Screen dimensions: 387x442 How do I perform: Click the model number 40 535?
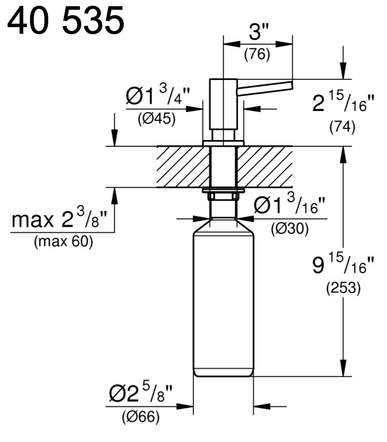[x=65, y=20]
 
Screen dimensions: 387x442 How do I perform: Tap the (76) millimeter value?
[x=257, y=54]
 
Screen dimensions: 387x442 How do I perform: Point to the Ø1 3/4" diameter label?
[x=158, y=95]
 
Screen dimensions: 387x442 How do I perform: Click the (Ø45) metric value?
[x=157, y=119]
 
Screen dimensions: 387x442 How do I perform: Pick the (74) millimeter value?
[x=342, y=127]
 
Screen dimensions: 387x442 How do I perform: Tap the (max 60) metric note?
[x=63, y=242]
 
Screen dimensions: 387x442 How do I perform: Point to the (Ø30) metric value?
[x=290, y=229]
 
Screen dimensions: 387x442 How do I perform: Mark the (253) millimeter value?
[x=343, y=288]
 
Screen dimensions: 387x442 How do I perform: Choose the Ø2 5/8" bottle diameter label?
[x=141, y=392]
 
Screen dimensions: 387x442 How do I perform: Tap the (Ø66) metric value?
[x=141, y=417]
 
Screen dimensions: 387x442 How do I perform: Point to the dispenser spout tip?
[x=291, y=85]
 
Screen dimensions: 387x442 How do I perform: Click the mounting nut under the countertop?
[x=223, y=194]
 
